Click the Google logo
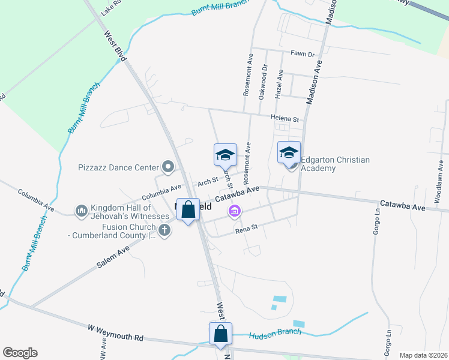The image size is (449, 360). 20,353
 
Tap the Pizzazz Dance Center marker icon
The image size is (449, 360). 168,167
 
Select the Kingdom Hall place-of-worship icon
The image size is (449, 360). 81,211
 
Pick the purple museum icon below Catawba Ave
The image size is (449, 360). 234,211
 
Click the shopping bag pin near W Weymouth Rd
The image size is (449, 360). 220,333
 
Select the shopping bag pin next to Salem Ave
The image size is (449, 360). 188,209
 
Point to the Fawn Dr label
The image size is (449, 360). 303,54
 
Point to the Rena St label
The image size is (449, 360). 246,228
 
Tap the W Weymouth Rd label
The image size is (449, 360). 116,332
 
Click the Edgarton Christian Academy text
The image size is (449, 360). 335,164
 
